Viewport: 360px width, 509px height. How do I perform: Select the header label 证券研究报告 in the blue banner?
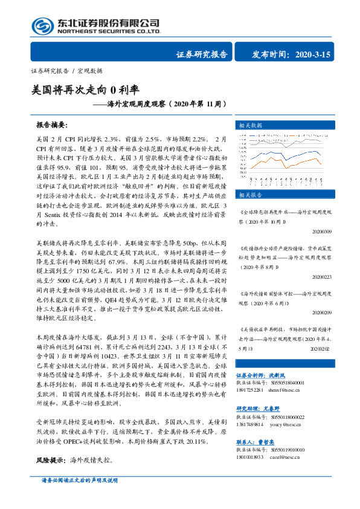pyautogui.click(x=202, y=54)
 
